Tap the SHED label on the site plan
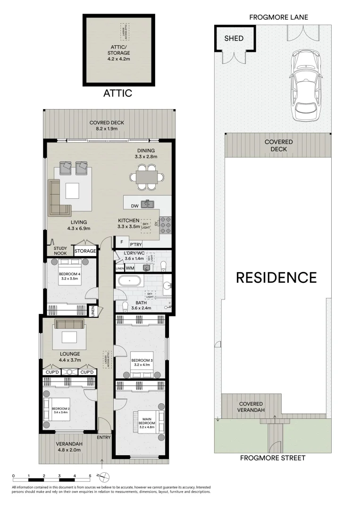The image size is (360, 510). [234, 38]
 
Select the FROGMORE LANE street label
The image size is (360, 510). [279, 17]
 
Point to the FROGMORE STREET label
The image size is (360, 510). [273, 458]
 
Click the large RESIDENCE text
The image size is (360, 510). [276, 277]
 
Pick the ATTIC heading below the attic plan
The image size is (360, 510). [117, 93]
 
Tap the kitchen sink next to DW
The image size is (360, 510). [148, 204]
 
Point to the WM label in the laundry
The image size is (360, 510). [130, 268]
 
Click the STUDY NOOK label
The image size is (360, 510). [60, 250]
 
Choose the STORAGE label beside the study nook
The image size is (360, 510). [85, 251]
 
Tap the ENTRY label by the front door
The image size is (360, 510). [103, 437]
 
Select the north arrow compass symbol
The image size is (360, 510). [106, 476]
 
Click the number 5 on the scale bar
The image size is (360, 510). [90, 476]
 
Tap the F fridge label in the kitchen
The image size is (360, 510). [122, 242]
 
